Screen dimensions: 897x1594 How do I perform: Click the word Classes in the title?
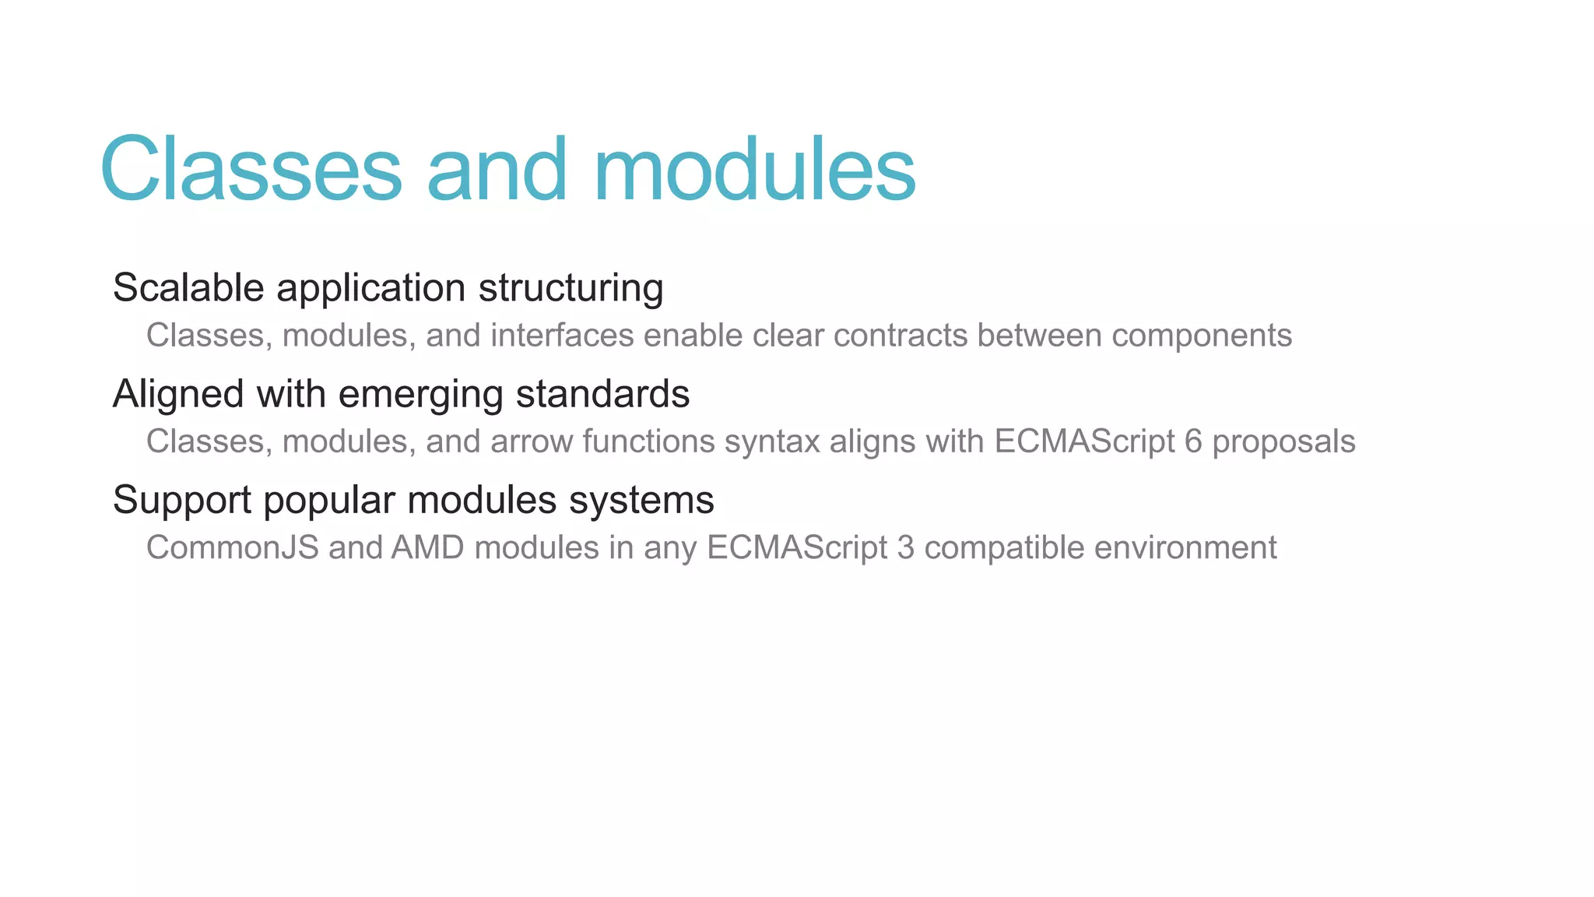click(251, 170)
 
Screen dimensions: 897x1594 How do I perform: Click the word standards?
click(602, 394)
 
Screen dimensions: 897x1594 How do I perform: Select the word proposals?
click(1283, 442)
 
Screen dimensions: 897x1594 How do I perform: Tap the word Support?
click(181, 501)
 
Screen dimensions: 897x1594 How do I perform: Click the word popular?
click(329, 501)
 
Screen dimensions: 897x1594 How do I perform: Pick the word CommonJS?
click(233, 547)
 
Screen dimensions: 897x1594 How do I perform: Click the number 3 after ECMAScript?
click(905, 547)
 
